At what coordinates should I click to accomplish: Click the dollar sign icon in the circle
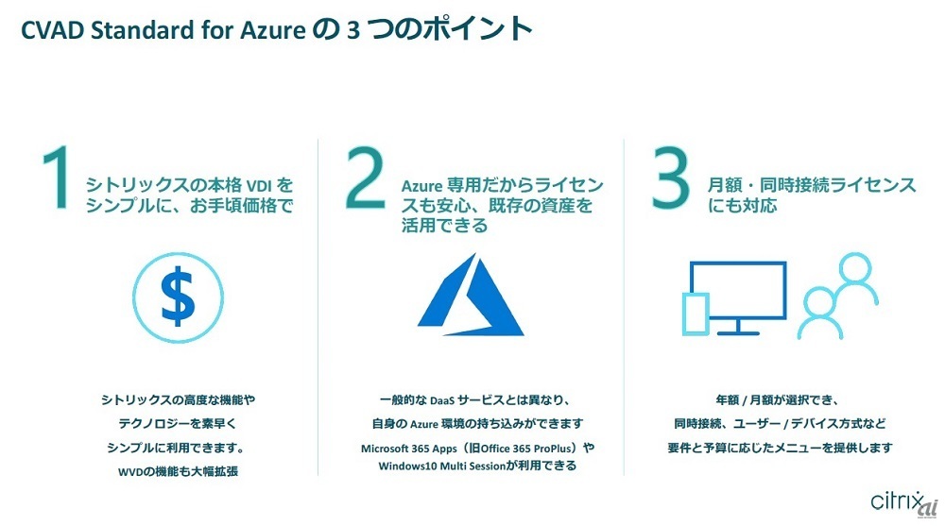(x=178, y=296)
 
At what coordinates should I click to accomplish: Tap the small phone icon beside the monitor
(x=696, y=315)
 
